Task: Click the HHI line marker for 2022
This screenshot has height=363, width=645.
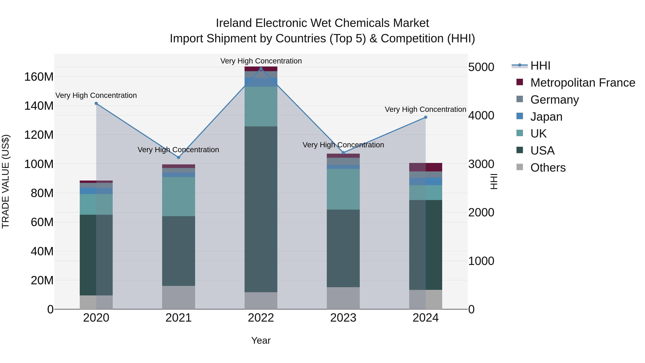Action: click(x=261, y=69)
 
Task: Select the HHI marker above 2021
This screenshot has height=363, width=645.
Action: click(x=178, y=158)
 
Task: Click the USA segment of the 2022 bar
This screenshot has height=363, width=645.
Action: click(x=261, y=209)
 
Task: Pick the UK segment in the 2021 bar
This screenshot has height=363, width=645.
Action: click(x=178, y=196)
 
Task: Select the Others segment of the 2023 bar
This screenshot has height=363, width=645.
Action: click(x=343, y=298)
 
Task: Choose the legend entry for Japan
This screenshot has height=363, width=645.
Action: click(x=546, y=117)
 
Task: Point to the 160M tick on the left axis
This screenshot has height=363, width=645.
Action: click(x=39, y=77)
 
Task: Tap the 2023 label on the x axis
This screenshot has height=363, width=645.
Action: click(x=343, y=318)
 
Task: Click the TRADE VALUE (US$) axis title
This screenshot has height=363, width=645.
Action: click(x=6, y=181)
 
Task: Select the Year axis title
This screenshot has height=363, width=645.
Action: click(x=261, y=340)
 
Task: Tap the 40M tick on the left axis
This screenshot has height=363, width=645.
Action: click(x=42, y=251)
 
